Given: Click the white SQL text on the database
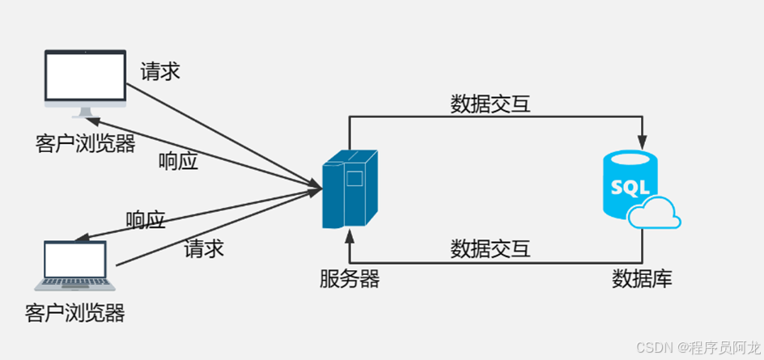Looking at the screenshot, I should point(629,188).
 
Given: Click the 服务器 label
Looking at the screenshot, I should point(349,279).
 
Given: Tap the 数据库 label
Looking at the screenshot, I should point(642,279).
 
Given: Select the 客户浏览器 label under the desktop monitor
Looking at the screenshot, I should point(85,142).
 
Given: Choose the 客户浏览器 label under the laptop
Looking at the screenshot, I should point(75,311).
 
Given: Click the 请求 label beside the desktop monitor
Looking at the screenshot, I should point(159,71).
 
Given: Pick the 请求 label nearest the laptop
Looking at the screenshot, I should point(204,248).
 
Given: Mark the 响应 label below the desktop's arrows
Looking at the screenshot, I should point(178,161).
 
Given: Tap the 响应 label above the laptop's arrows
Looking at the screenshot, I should point(146,219).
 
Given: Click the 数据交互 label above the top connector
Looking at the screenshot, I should point(490,104).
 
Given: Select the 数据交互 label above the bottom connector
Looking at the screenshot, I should point(490,248).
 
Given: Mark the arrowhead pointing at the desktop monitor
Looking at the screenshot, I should point(90,121).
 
